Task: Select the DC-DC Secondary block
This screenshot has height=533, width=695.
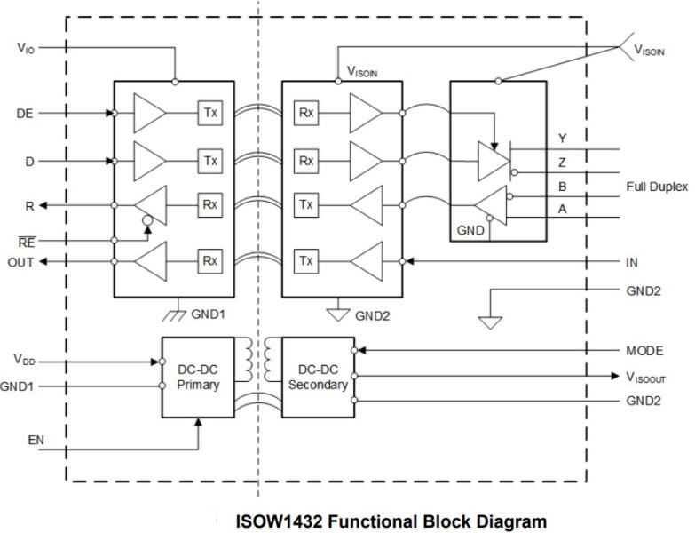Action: [x=317, y=377]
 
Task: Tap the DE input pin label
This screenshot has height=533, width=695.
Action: [x=25, y=114]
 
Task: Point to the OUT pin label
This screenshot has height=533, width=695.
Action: [x=22, y=262]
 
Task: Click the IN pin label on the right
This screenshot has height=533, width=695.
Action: [x=631, y=263]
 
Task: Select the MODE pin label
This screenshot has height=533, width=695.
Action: [x=644, y=351]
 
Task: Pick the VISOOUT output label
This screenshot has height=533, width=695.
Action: [x=645, y=378]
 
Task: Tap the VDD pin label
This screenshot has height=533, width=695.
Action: [x=25, y=361]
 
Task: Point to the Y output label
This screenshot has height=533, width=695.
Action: [x=561, y=139]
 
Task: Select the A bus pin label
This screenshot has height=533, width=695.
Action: [x=561, y=208]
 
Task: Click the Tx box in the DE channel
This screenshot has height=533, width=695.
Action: [x=209, y=114]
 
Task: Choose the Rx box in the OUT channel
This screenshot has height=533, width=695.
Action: [x=209, y=261]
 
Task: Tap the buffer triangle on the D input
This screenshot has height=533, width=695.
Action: [x=148, y=161]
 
